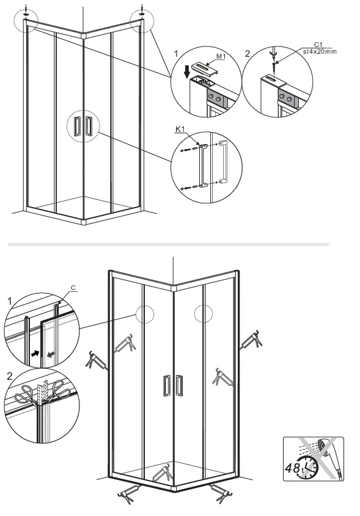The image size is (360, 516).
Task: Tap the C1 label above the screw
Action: (318, 45)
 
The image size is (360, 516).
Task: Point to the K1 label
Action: (180, 129)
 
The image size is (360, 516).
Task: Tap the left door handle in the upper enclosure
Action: (76, 126)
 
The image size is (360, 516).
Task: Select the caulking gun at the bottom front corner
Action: (166, 472)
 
